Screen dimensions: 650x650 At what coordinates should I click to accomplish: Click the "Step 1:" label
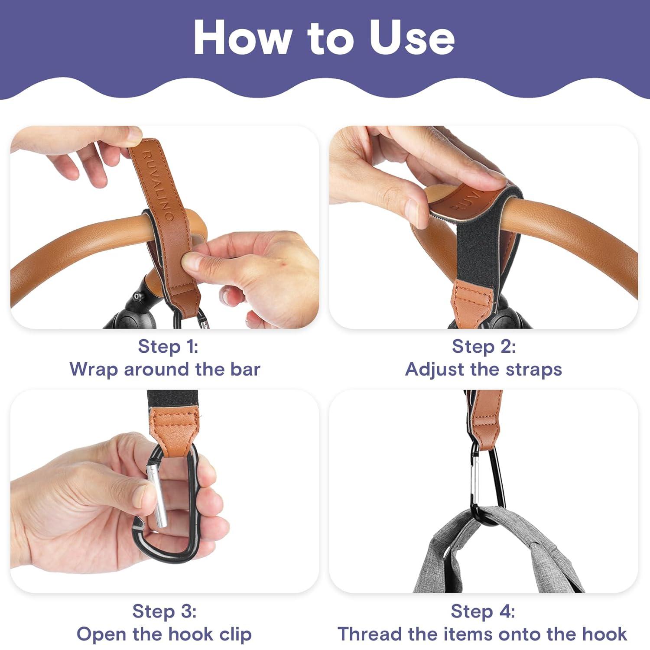click(x=168, y=346)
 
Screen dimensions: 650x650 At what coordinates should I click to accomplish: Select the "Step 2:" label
click(x=484, y=346)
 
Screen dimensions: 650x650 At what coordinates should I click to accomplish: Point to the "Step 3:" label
click(x=165, y=611)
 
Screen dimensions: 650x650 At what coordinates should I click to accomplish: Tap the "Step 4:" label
click(x=483, y=611)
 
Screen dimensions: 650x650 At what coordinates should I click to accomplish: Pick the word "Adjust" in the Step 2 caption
click(x=435, y=370)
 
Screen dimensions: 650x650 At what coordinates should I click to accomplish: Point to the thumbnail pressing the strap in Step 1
click(x=189, y=261)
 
